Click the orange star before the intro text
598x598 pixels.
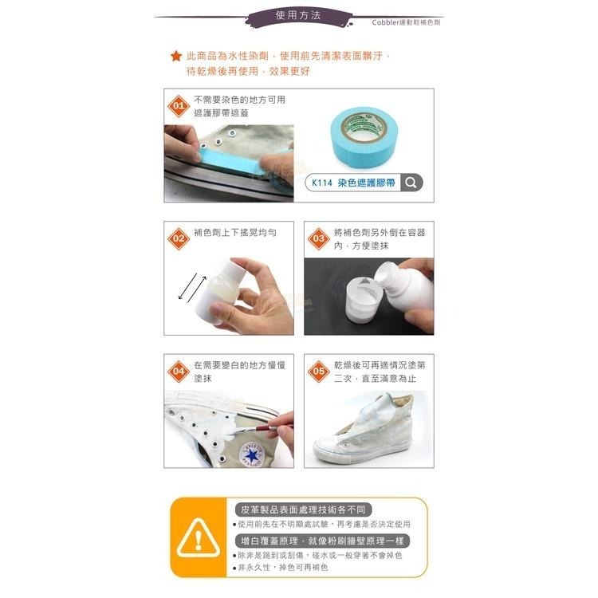tap(176, 56)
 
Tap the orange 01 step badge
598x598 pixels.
tap(179, 105)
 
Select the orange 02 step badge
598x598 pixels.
tap(179, 238)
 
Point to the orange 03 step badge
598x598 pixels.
tap(318, 238)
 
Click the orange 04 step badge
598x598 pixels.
tap(179, 371)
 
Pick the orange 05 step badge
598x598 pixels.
tap(318, 371)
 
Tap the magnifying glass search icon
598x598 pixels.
tap(411, 183)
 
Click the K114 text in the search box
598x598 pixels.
tap(322, 183)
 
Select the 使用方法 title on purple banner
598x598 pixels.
tap(298, 16)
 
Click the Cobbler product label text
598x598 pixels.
tap(406, 22)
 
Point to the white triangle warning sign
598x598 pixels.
tap(199, 537)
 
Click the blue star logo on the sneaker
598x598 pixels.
tap(252, 454)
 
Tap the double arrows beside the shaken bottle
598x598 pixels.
tap(193, 288)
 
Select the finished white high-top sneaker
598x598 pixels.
tap(363, 428)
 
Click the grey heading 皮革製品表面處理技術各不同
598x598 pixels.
tap(303, 510)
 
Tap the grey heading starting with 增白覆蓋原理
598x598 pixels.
tap(322, 541)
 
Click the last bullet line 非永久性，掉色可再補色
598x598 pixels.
tap(281, 568)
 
